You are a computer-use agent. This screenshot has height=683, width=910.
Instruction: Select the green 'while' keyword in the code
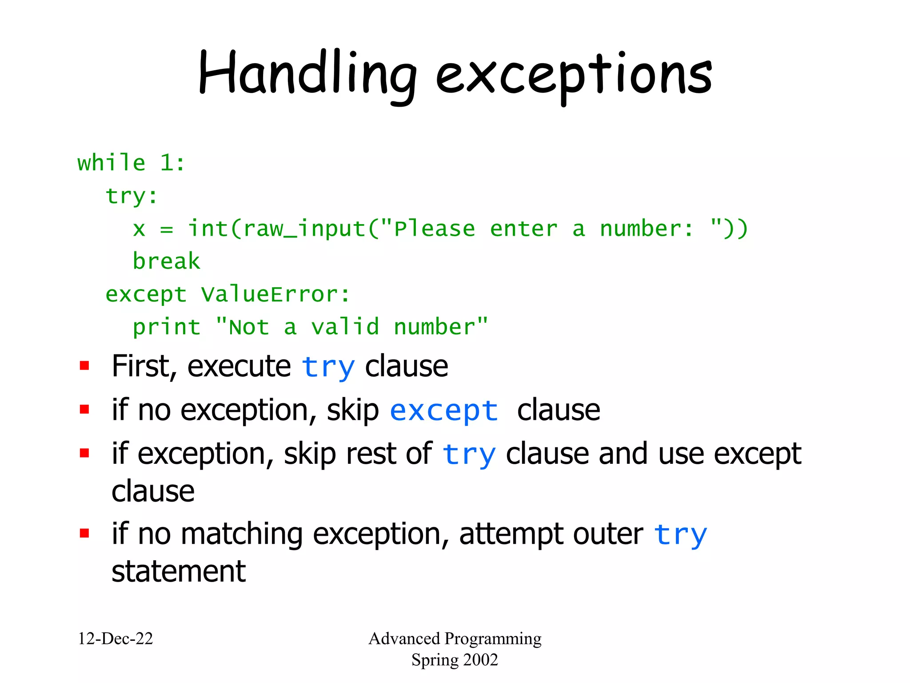point(111,163)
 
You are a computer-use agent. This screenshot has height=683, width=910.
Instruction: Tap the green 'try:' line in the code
point(132,196)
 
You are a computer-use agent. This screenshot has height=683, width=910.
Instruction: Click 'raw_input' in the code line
point(304,229)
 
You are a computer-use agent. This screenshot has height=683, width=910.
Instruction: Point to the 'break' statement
point(166,261)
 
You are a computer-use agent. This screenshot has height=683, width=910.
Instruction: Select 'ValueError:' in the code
point(275,294)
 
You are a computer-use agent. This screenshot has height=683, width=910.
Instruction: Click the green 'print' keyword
point(167,328)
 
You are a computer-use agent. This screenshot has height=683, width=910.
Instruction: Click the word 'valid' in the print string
point(345,327)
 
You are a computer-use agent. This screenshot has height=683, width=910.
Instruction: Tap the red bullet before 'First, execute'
point(84,366)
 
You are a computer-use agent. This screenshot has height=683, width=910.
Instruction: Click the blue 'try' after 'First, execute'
point(328,368)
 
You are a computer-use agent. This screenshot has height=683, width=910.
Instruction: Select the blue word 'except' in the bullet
point(443,411)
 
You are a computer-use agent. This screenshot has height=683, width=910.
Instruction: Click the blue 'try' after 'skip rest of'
point(469,455)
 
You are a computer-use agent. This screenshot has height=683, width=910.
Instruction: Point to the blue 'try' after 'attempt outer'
point(680,534)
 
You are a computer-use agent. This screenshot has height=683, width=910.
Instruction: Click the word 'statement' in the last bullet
point(179,572)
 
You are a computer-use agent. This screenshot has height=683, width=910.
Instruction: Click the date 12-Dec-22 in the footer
point(116,639)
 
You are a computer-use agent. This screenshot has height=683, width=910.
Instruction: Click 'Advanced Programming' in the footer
point(455,639)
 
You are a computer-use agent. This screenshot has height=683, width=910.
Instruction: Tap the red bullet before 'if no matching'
point(84,533)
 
